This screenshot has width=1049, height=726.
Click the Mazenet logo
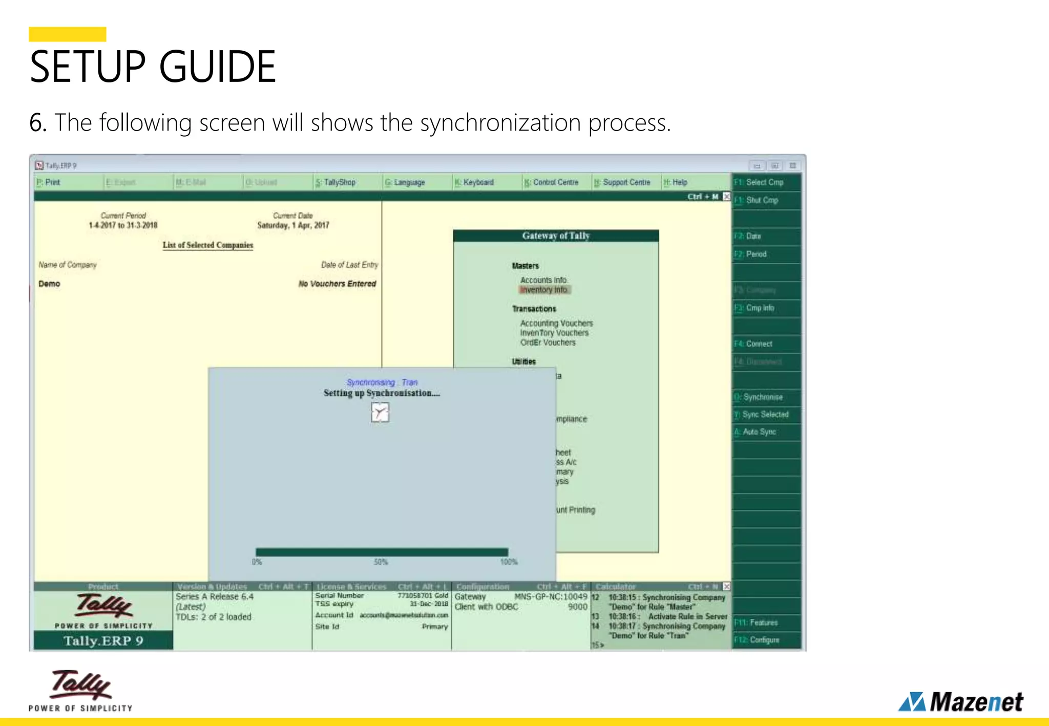[x=960, y=702]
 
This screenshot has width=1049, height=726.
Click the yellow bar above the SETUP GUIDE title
[x=67, y=34]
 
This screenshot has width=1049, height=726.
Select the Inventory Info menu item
[x=544, y=290]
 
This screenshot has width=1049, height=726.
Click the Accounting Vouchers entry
[x=556, y=324]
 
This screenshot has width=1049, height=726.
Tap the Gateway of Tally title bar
[x=556, y=236]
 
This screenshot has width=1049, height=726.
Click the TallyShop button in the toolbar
[x=339, y=182]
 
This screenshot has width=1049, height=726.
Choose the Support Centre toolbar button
[x=625, y=182]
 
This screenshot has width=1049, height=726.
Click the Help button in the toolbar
[x=679, y=182]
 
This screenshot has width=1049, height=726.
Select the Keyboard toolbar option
[x=478, y=182]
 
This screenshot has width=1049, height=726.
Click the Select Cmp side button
[x=764, y=182]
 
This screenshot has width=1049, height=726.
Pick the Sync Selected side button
[x=765, y=414]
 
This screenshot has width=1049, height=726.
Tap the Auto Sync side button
[x=759, y=432]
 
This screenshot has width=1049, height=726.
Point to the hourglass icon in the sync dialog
[x=380, y=413]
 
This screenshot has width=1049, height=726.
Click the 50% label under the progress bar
[x=381, y=562]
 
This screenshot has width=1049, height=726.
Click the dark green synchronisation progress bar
[x=382, y=552]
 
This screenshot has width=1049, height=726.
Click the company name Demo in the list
[x=49, y=284]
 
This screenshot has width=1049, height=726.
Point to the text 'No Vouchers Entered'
[x=337, y=284]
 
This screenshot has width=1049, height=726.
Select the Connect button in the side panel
[x=759, y=344]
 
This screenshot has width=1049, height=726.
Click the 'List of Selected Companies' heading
[x=208, y=245]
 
